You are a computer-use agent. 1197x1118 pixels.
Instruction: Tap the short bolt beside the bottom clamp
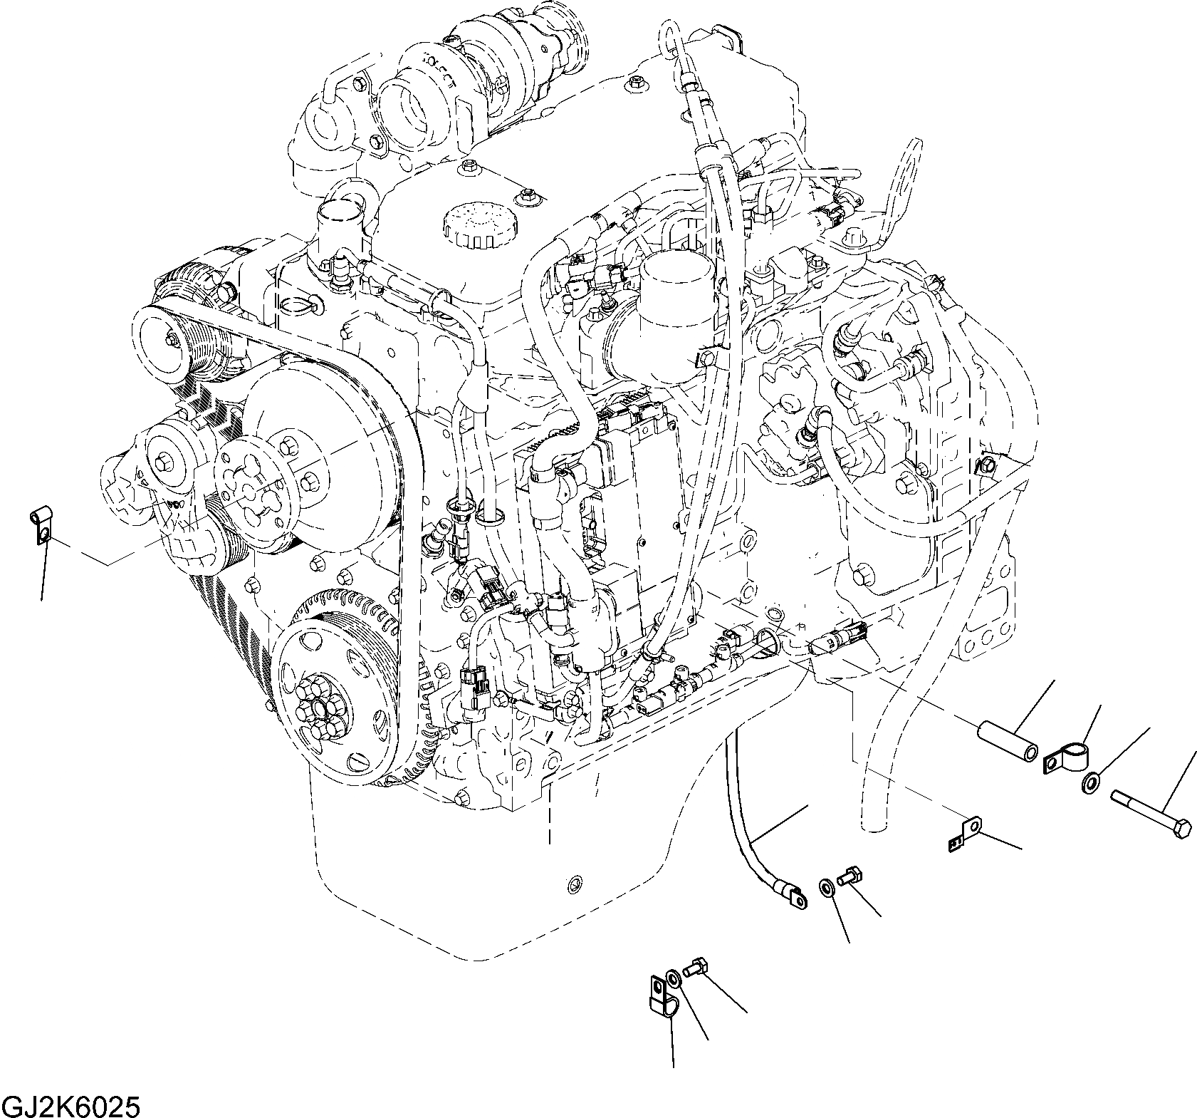click(x=694, y=970)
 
